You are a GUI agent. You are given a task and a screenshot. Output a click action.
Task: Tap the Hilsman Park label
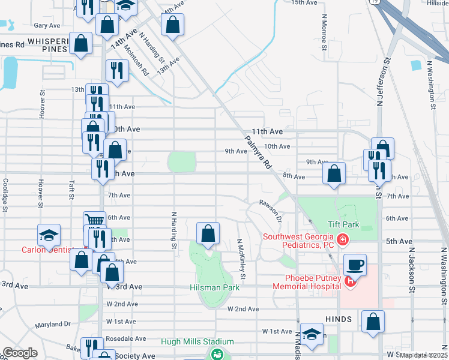(215, 287)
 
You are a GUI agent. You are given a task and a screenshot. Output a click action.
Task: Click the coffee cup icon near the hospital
(355, 264)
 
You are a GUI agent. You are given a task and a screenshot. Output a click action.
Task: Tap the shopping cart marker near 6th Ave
(94, 220)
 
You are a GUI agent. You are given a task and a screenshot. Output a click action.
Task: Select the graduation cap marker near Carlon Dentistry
(49, 235)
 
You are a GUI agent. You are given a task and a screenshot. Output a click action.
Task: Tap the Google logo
(19, 353)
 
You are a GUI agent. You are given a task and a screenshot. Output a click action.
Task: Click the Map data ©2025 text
(423, 355)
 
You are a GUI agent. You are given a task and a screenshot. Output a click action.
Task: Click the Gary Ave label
(47, 26)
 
